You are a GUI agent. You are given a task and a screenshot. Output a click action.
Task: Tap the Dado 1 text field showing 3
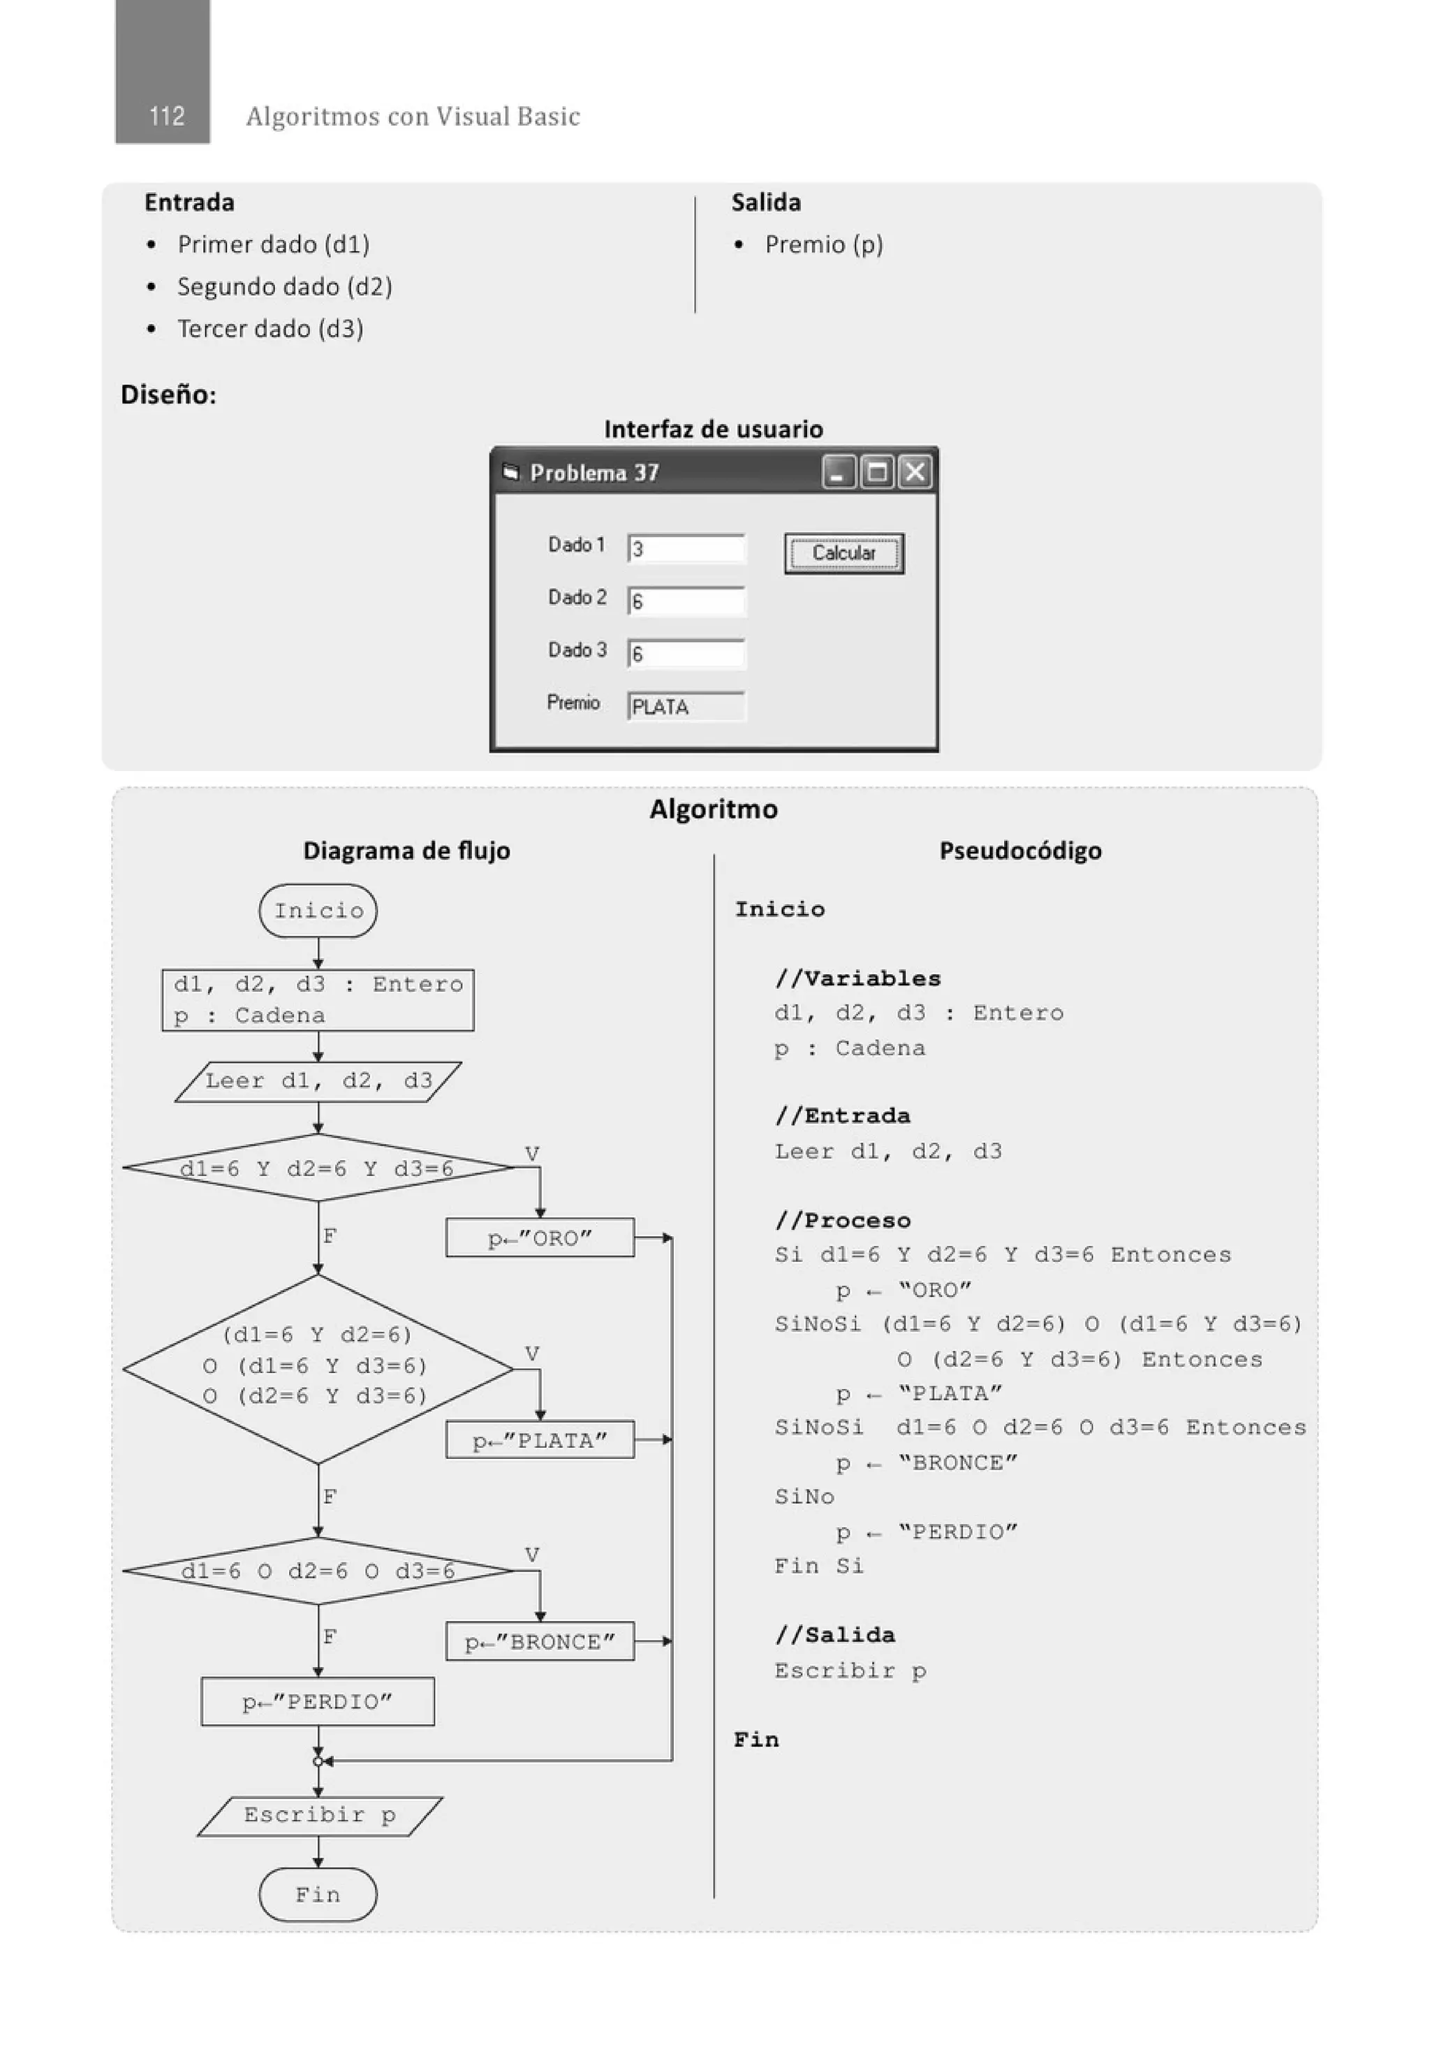pos(686,548)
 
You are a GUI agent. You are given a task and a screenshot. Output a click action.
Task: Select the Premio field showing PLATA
pos(686,706)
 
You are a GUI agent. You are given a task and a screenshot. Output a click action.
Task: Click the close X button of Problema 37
pos(915,471)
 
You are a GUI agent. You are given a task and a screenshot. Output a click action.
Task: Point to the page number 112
pos(167,116)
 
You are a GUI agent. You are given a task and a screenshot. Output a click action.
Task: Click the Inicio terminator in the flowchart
pos(318,910)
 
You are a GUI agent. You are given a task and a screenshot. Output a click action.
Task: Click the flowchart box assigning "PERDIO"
pos(318,1701)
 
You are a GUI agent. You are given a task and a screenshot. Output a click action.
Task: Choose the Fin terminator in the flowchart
pos(318,1893)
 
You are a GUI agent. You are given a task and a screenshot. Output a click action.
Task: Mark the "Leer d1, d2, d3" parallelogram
pos(318,1081)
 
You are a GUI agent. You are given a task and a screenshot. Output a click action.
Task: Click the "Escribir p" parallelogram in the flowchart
pos(319,1815)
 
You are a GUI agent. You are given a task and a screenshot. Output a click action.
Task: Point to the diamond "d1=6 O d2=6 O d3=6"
pos(318,1571)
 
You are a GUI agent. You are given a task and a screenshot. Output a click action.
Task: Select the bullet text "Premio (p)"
pos(823,244)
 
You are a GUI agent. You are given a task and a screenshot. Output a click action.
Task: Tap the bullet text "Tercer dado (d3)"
pos(270,329)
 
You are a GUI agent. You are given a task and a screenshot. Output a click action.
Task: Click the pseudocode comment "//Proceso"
pos(843,1219)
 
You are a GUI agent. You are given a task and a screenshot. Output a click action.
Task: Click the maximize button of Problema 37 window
pos(877,471)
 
